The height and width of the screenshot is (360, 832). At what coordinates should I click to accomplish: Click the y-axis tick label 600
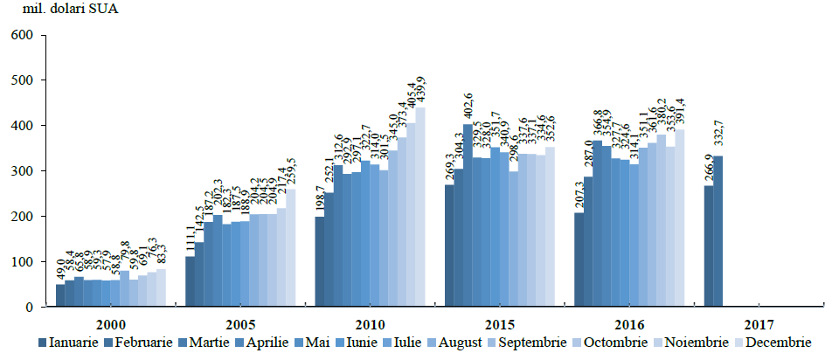pos(20,35)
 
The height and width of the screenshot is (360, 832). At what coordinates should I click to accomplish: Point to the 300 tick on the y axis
pos(20,171)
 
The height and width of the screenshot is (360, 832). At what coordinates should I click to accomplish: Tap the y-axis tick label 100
pos(20,262)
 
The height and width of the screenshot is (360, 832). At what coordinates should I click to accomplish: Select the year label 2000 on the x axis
pos(110,322)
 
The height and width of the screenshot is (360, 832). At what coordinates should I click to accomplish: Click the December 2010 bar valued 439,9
pos(420,207)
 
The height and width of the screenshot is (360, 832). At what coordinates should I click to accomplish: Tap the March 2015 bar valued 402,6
pos(468,216)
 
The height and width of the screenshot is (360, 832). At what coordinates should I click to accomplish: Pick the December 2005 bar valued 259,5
pos(291,248)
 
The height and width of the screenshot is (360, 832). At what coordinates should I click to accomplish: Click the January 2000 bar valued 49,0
pos(60,295)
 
